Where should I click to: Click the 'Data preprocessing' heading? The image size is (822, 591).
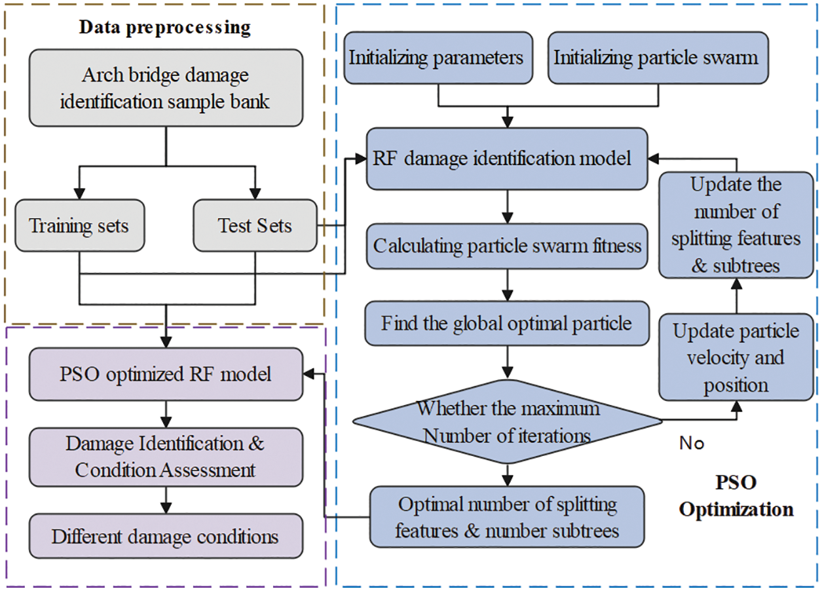click(164, 28)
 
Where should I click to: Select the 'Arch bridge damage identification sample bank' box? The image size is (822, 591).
click(165, 87)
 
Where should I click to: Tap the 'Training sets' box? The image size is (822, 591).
click(79, 226)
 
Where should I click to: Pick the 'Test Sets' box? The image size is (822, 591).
click(255, 226)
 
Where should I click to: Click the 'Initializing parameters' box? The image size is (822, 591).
click(436, 58)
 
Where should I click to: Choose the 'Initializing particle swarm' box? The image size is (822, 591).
click(656, 58)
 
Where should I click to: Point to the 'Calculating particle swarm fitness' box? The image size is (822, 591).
click(507, 246)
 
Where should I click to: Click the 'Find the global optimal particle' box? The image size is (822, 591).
click(507, 324)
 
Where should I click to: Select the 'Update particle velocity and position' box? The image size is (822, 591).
click(736, 358)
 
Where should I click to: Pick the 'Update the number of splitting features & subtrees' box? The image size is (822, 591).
click(736, 225)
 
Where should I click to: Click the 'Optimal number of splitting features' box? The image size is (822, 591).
click(507, 517)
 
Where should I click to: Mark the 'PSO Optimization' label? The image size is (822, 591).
click(736, 496)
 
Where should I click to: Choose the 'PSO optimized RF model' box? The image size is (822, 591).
click(166, 375)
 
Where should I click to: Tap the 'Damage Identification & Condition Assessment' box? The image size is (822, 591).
click(166, 457)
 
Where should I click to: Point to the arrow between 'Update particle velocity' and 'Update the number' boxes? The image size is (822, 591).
click(736, 296)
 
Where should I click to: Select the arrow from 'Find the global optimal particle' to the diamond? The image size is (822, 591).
click(507, 363)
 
